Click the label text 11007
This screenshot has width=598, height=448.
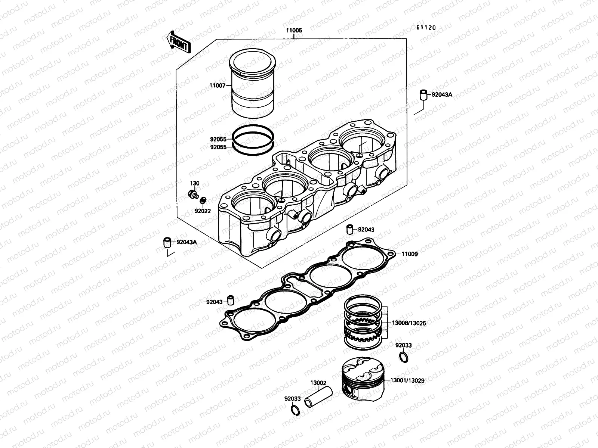click(x=217, y=85)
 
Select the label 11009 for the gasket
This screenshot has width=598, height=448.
click(x=410, y=254)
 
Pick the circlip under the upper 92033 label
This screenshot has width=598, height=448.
click(x=404, y=357)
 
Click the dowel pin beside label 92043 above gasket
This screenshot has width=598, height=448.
click(x=350, y=229)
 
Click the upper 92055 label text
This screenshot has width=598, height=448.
click(x=218, y=139)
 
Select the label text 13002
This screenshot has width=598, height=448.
click(x=318, y=383)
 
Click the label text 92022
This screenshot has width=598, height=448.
click(x=203, y=211)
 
